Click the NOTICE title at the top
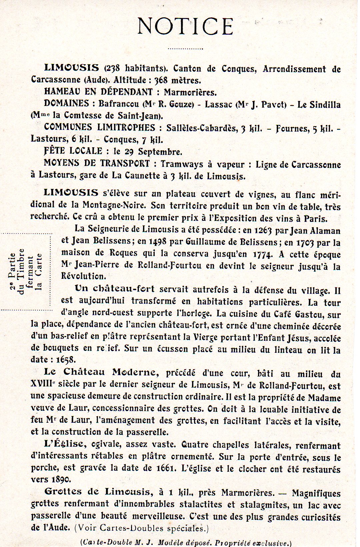pyautogui.click(x=185, y=26)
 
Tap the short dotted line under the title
pyautogui.click(x=185, y=49)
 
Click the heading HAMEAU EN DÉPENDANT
pyautogui.click(x=98, y=92)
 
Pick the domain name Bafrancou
pyautogui.click(x=118, y=104)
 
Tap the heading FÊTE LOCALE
pyautogui.click(x=73, y=151)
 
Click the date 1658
pyautogui.click(x=66, y=359)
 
